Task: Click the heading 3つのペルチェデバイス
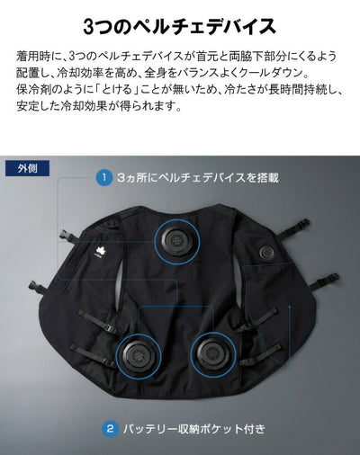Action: click(x=179, y=26)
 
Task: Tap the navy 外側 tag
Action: click(x=27, y=168)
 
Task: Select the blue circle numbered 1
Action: click(x=104, y=177)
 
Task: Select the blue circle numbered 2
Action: click(x=110, y=429)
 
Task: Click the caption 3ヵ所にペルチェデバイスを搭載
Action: click(x=198, y=178)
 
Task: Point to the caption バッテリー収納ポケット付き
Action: click(x=194, y=429)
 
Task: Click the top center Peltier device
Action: click(x=176, y=241)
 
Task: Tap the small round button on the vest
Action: click(x=266, y=252)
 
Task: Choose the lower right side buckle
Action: click(x=331, y=278)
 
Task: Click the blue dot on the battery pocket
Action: click(x=290, y=307)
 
